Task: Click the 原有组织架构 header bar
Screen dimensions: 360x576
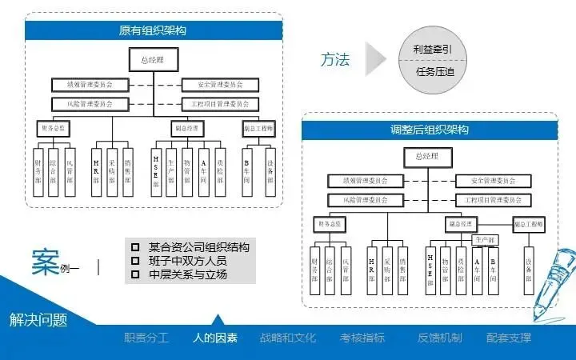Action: click(153, 31)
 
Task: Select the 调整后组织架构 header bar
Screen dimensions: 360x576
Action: click(429, 130)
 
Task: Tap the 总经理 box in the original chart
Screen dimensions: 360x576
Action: click(151, 60)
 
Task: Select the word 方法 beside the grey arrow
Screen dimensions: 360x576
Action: click(335, 60)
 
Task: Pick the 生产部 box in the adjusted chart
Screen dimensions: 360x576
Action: click(486, 239)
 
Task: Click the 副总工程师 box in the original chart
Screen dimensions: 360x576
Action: click(258, 127)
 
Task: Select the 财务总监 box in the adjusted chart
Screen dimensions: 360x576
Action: click(330, 223)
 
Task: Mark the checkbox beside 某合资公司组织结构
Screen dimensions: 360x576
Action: click(135, 246)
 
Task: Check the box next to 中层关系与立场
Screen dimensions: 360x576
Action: click(135, 274)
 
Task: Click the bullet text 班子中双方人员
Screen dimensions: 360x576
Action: click(187, 261)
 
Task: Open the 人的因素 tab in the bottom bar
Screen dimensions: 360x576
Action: click(215, 338)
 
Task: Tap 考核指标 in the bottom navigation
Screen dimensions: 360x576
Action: click(362, 338)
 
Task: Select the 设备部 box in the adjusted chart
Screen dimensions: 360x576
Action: click(529, 272)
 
